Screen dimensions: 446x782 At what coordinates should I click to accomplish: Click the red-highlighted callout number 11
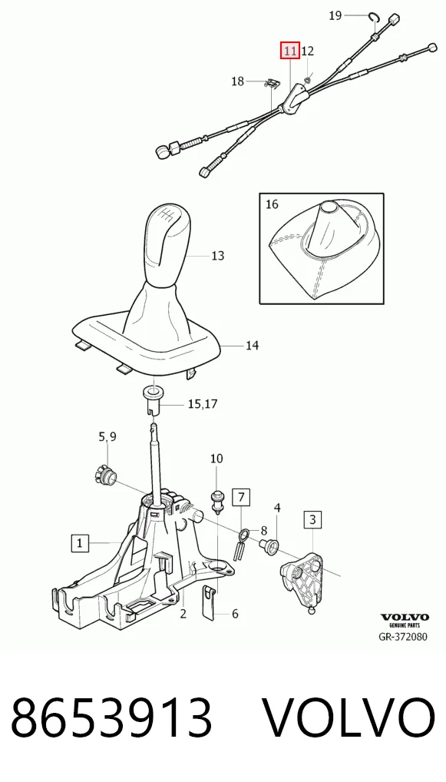click(289, 51)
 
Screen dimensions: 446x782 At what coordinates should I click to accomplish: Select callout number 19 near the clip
click(335, 16)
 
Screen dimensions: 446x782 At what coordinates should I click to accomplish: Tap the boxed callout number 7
click(241, 497)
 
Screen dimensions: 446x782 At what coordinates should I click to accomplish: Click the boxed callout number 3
click(312, 520)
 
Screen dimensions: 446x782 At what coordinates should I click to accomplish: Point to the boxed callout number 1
click(80, 542)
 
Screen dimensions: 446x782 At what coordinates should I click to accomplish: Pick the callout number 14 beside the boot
click(252, 345)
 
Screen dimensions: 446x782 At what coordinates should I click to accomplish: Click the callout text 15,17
click(203, 403)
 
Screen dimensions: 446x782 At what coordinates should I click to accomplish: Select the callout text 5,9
click(107, 437)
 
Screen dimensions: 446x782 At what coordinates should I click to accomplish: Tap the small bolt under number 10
click(216, 500)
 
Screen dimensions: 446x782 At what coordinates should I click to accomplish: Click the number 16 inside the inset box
click(272, 204)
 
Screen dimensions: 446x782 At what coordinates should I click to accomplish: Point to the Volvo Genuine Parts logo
click(405, 620)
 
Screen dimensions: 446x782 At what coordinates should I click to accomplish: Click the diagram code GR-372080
click(404, 636)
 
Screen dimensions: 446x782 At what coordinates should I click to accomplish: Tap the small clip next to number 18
click(270, 84)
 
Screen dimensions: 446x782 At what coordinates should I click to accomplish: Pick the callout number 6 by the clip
click(235, 614)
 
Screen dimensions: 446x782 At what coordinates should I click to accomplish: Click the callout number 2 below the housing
click(183, 614)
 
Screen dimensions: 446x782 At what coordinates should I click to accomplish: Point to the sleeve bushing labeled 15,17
click(152, 399)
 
